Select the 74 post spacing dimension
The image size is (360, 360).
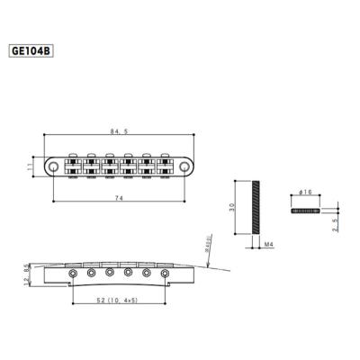coord(120,195)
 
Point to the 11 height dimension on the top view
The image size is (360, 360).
coord(30,166)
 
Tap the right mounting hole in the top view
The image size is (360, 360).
coord(183,166)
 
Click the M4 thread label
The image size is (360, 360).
coord(269,243)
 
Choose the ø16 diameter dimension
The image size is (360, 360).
coord(305,193)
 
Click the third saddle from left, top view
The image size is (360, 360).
coord(110,166)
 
